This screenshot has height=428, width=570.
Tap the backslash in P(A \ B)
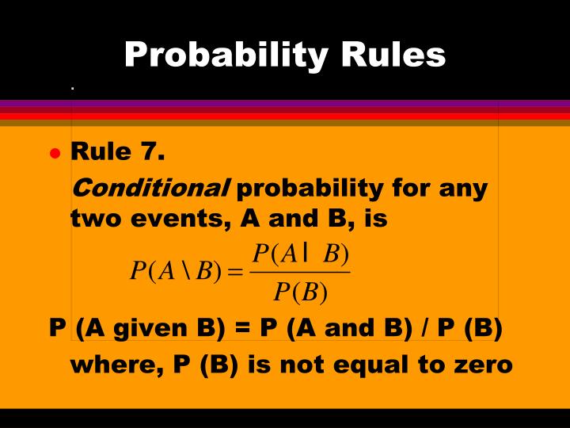point(185,271)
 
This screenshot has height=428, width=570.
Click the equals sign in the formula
point(234,272)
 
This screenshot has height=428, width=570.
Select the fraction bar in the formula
point(300,273)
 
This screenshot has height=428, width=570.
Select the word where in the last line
point(108,365)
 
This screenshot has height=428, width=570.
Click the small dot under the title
point(72,88)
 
